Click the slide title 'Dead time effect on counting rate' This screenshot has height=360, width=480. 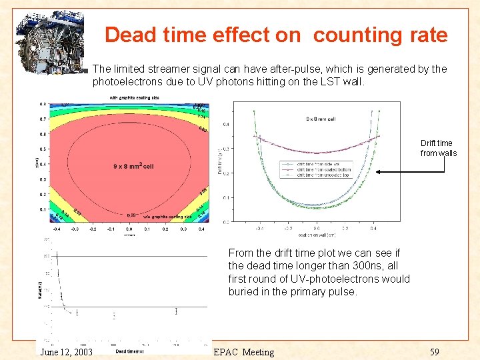[x=276, y=35]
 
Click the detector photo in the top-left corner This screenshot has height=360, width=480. [x=59, y=38]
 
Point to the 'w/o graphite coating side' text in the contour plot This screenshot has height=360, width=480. [x=167, y=217]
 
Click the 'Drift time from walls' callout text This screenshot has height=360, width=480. [x=438, y=148]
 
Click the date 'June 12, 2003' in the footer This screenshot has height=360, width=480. [x=67, y=352]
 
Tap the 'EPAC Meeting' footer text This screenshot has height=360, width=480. [x=243, y=352]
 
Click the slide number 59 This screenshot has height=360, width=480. [x=435, y=351]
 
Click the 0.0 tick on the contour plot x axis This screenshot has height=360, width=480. [x=129, y=228]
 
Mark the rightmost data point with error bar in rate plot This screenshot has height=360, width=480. [x=176, y=310]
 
